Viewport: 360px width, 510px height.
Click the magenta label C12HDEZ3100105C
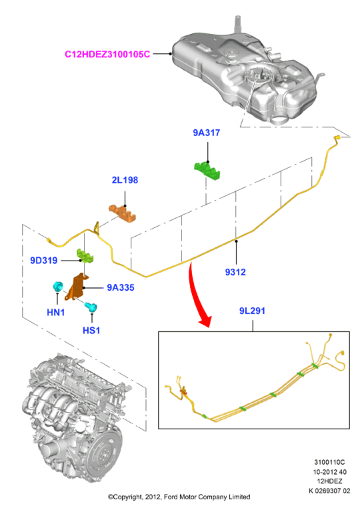click(107, 54)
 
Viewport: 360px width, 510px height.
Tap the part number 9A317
click(207, 133)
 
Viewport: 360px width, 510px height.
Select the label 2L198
click(125, 180)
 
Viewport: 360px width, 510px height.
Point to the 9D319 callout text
click(44, 261)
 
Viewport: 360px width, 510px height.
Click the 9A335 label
click(121, 287)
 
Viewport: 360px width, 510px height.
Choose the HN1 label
click(55, 313)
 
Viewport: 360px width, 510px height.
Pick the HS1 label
click(91, 331)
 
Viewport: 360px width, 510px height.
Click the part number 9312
click(235, 272)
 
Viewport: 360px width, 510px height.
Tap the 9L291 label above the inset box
click(253, 311)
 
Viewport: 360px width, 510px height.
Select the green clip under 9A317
click(207, 171)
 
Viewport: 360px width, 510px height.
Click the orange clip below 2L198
click(122, 213)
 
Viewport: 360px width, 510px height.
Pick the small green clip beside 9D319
click(85, 255)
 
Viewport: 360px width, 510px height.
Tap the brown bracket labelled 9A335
click(77, 287)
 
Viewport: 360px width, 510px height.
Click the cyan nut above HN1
click(58, 287)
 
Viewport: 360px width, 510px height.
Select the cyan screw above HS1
click(91, 307)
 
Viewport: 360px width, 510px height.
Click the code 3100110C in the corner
click(329, 462)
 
